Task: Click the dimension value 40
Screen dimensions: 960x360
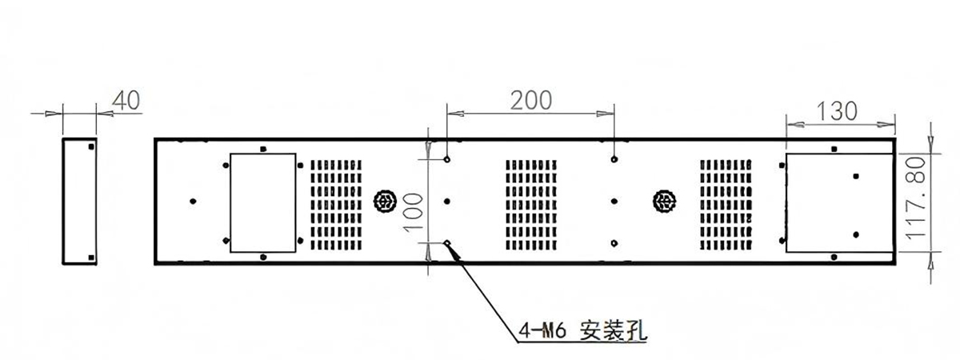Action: click(x=126, y=100)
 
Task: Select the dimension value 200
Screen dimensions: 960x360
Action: click(x=531, y=101)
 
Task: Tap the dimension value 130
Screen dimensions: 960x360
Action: click(x=837, y=111)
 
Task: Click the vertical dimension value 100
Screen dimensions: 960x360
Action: click(x=414, y=213)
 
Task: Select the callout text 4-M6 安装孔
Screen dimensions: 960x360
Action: click(x=582, y=330)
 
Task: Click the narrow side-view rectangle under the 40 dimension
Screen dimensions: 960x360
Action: click(x=80, y=201)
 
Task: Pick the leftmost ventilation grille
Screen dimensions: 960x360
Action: click(x=336, y=206)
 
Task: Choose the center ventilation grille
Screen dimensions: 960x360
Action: click(x=531, y=206)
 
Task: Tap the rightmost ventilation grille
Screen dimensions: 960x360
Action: click(x=726, y=206)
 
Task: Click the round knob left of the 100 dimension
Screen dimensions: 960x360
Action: click(x=385, y=201)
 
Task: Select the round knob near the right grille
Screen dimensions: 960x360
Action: click(x=664, y=201)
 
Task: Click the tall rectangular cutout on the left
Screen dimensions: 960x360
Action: click(x=263, y=202)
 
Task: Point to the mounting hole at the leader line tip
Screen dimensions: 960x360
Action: click(x=447, y=243)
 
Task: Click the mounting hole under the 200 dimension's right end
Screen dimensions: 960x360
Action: click(x=614, y=159)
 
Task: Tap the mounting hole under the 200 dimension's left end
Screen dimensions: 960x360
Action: click(x=447, y=159)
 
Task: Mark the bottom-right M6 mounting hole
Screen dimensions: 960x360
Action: click(x=614, y=243)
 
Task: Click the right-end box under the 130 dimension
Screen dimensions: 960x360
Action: click(x=839, y=202)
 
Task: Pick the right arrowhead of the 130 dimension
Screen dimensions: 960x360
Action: click(x=886, y=125)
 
